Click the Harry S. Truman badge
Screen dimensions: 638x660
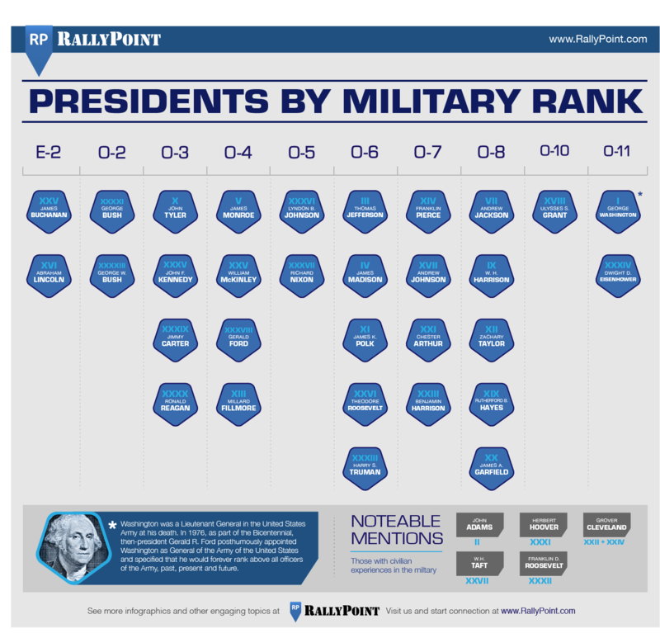pyautogui.click(x=365, y=466)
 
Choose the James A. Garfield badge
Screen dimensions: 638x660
pyautogui.click(x=491, y=466)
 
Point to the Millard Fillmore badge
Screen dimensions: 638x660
pyautogui.click(x=238, y=402)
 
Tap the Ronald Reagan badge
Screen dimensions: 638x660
pyautogui.click(x=175, y=402)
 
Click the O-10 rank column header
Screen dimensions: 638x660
pyautogui.click(x=554, y=150)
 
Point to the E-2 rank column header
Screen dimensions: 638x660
pyautogui.click(x=48, y=152)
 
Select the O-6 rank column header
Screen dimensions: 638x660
pyautogui.click(x=365, y=152)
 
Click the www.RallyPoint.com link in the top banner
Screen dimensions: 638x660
pyautogui.click(x=597, y=39)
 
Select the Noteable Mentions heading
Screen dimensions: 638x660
pyautogui.click(x=396, y=531)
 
